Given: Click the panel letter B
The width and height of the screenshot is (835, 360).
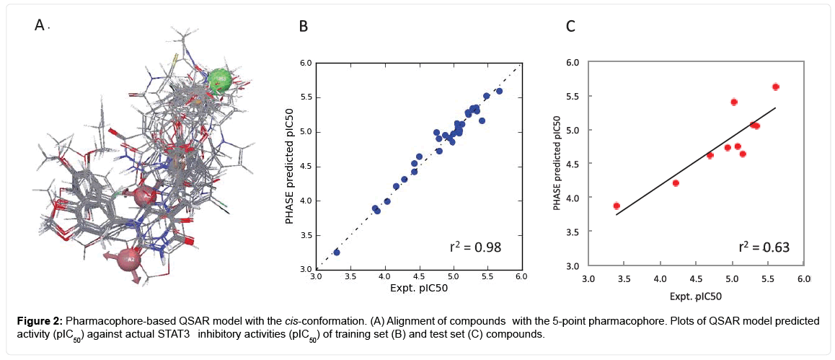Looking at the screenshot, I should click(x=304, y=27).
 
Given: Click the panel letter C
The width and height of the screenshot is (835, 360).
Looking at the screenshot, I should click(x=570, y=27).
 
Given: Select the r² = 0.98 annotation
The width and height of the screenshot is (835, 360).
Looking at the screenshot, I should click(x=475, y=247).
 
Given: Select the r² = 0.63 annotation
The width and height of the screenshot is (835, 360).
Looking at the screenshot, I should click(x=764, y=247).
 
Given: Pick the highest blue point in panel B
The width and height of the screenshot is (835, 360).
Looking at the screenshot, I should click(x=499, y=91).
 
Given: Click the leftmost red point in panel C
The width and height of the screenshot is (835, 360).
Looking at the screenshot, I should click(x=617, y=206).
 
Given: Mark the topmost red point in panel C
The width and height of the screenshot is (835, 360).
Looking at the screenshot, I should click(x=776, y=87).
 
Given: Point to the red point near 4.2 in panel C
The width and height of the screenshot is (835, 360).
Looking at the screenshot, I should click(x=676, y=183).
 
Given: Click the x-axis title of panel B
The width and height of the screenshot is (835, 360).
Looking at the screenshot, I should click(x=417, y=289).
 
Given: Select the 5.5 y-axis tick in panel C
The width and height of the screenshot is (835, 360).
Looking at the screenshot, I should click(x=574, y=96).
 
